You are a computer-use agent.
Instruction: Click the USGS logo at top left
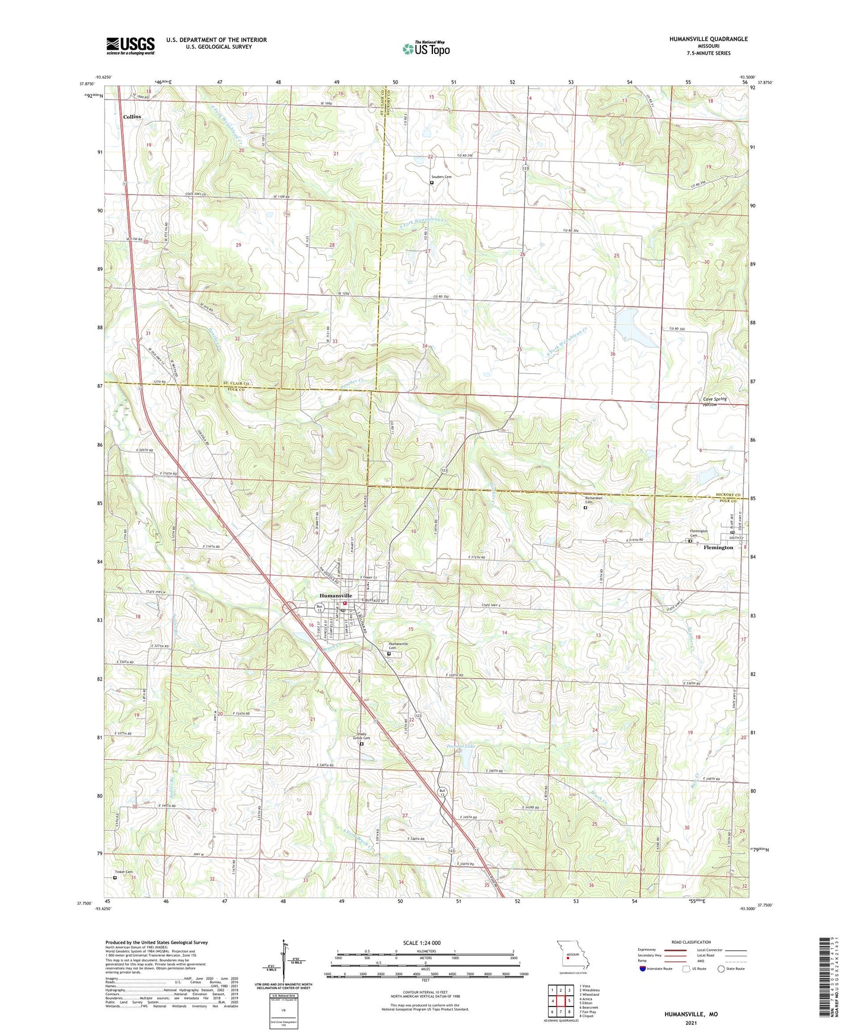coord(130,46)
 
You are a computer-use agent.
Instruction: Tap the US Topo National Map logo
coord(426,49)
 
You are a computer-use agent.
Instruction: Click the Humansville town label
coord(336,595)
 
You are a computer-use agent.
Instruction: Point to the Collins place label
coord(132,117)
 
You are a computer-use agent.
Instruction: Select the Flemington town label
coord(718,547)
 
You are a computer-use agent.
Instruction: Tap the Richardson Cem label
coord(594,500)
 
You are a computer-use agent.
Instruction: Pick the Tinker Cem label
coord(123,872)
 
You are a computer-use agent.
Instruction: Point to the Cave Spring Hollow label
coord(714,401)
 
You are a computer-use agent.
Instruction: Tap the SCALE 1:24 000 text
coord(421,943)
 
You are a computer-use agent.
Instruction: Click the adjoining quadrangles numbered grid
coord(560,1001)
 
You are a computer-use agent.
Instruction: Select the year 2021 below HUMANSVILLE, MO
coord(690,1024)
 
